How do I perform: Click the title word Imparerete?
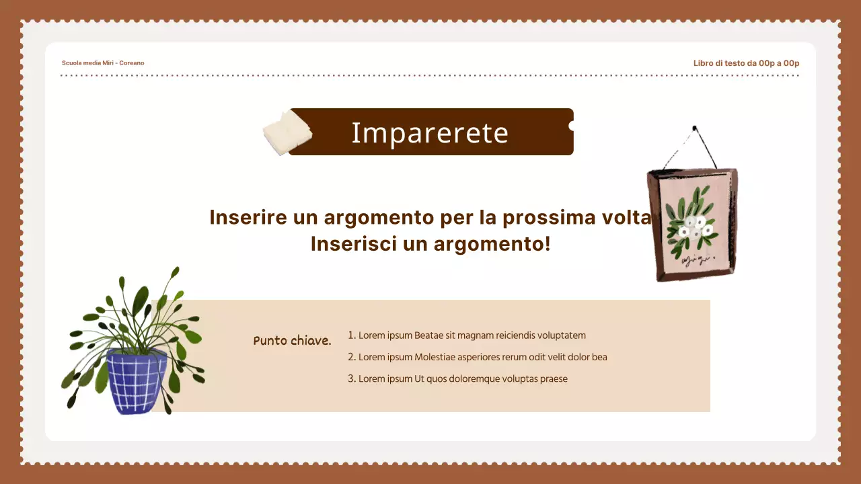[x=430, y=133]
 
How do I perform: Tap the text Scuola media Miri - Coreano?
[x=103, y=63]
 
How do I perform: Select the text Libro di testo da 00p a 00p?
[x=746, y=63]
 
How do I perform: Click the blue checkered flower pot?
[x=137, y=381]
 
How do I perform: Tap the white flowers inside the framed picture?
[x=692, y=227]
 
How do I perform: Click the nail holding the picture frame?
[x=694, y=127]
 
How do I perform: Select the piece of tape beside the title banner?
[x=287, y=131]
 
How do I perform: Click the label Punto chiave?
[x=293, y=341]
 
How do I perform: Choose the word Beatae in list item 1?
[x=428, y=335]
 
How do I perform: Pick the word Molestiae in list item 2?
[x=437, y=357]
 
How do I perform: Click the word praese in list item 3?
[x=554, y=378]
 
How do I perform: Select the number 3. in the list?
[x=351, y=378]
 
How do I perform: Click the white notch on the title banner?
[x=572, y=126]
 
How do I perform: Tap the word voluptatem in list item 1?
[x=558, y=335]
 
